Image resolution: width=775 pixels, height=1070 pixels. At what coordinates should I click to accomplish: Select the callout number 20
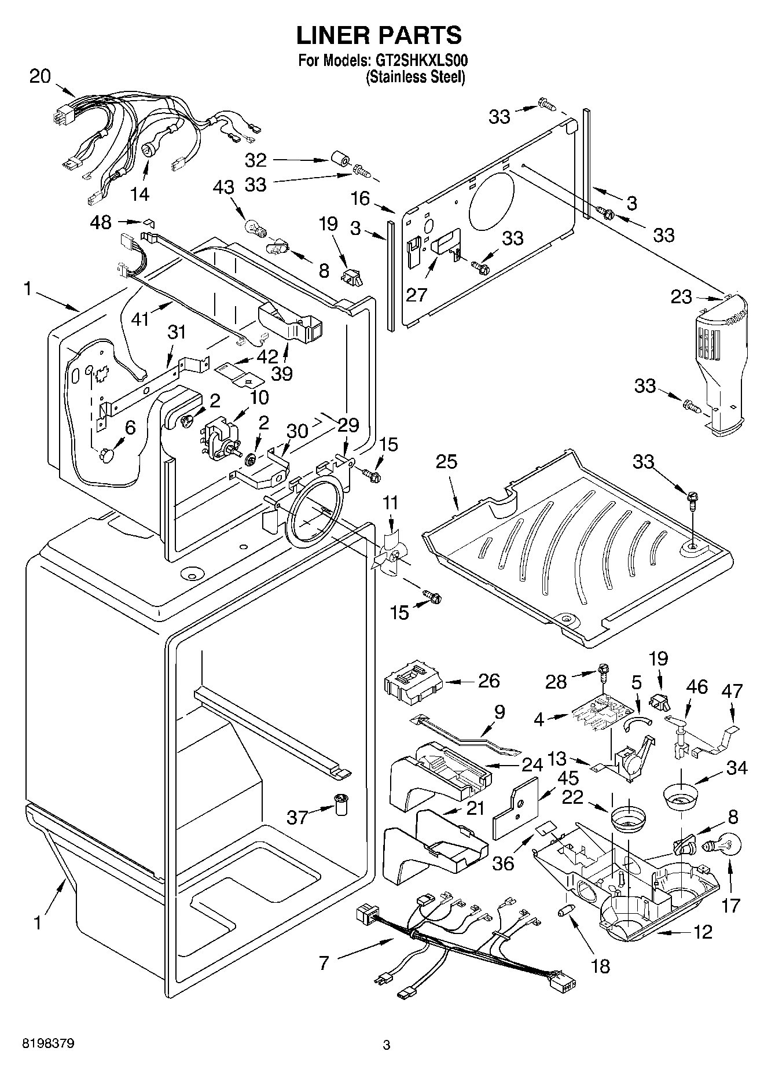(x=40, y=76)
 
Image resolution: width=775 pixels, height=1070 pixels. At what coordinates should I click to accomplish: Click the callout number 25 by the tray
(x=447, y=462)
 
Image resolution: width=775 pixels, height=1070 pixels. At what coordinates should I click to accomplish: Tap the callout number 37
(x=297, y=817)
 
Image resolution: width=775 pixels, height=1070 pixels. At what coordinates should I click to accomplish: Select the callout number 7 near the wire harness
(x=324, y=963)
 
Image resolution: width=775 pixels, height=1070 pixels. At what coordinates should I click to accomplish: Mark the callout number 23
(x=681, y=297)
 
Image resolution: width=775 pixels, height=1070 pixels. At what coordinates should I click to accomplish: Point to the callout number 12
(x=702, y=932)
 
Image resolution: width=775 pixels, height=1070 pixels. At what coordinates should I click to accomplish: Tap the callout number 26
(x=488, y=681)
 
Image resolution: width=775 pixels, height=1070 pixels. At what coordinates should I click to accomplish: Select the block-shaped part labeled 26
(x=413, y=685)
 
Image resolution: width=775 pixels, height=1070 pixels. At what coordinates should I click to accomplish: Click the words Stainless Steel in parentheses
(x=415, y=76)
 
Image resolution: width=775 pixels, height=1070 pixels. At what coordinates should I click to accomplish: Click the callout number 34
(x=737, y=768)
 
